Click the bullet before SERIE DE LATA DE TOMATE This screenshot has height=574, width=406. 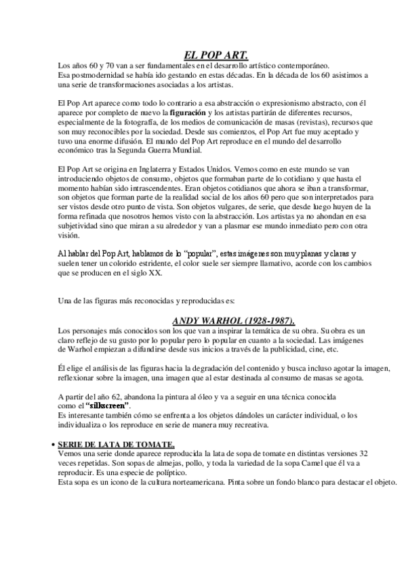pos(54,443)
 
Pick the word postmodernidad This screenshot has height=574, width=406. pos(92,74)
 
